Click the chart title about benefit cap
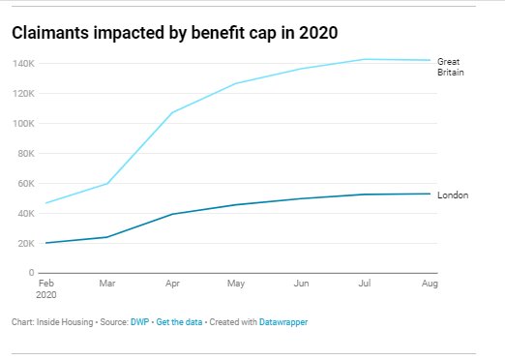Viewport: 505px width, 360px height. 174,33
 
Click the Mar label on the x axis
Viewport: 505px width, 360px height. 108,285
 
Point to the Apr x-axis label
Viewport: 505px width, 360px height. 172,285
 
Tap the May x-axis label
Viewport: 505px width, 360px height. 236,285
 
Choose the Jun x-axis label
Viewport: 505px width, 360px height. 301,285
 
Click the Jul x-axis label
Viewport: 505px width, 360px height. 366,285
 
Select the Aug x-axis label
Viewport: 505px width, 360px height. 430,285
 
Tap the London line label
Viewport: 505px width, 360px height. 453,195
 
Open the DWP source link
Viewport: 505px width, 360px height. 138,321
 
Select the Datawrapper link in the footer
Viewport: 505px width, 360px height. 283,321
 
